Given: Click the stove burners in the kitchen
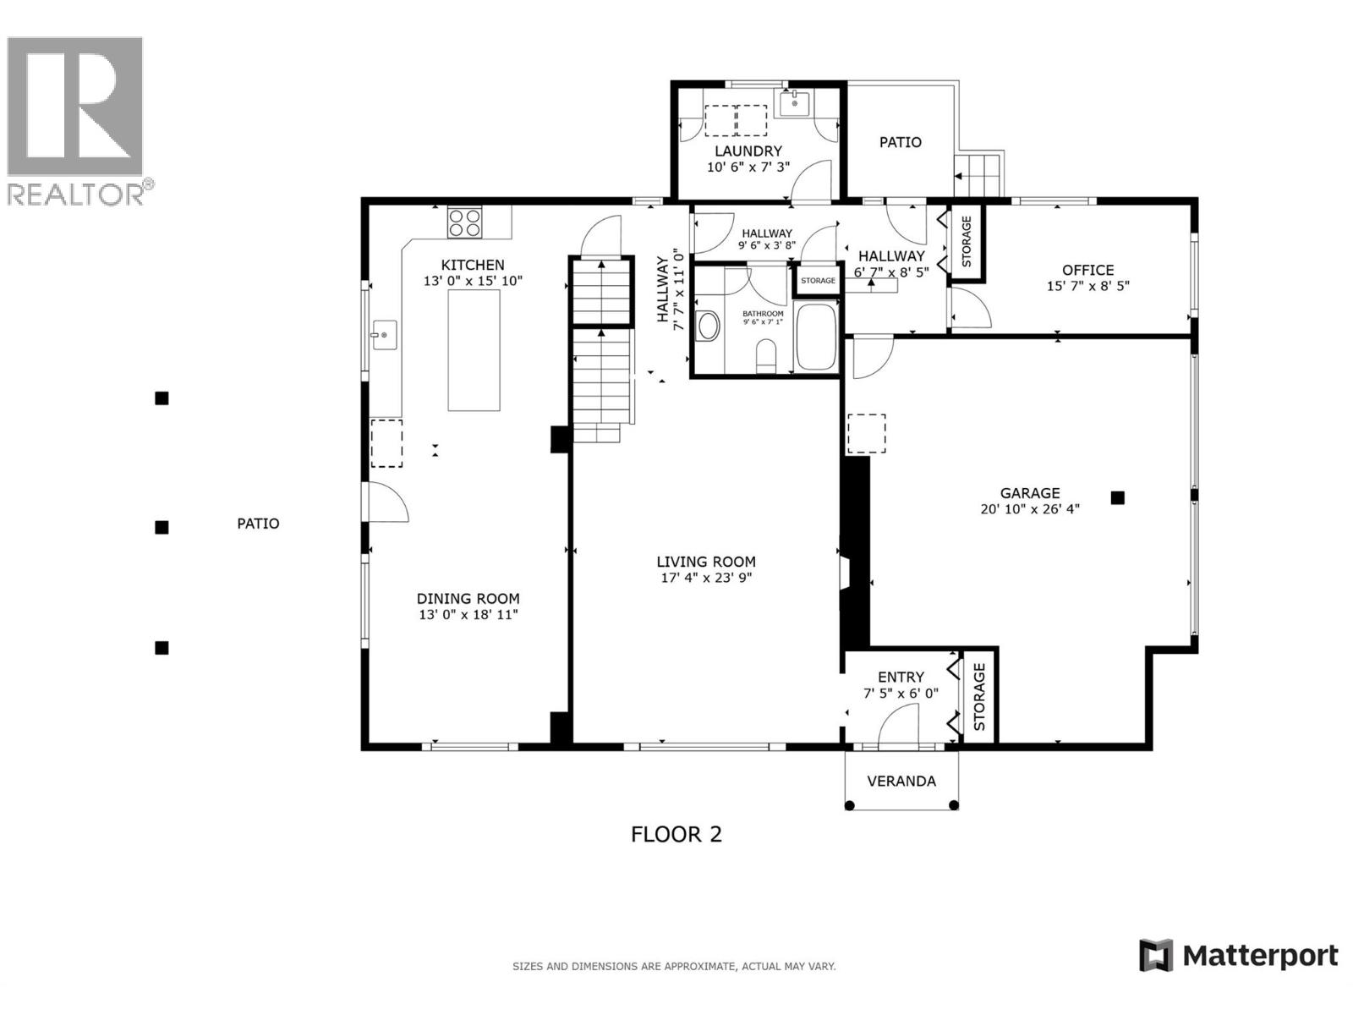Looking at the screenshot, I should pos(464,222).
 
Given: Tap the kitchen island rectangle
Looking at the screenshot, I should pos(474,348).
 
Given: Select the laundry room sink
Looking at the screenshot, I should pos(794,104).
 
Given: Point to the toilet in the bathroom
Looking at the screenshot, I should pos(766,356).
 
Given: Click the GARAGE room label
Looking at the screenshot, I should pos(1029,493).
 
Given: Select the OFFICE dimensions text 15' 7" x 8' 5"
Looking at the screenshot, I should pos(1087,286).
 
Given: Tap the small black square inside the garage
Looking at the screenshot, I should pos(1117,498).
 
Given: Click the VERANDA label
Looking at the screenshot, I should pos(901,781).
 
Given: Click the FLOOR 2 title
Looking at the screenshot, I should pos(676,835).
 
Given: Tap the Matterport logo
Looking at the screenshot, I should pos(1238,956).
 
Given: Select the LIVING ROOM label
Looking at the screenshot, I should pos(706,562).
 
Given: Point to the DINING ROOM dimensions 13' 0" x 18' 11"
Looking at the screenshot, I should pos(468,615).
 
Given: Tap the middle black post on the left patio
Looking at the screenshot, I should pos(162,527).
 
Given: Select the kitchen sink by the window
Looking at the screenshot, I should pos(385,335).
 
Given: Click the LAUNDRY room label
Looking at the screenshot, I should pos(748,151).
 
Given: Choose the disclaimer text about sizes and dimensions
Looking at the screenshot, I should pos(674,966).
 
